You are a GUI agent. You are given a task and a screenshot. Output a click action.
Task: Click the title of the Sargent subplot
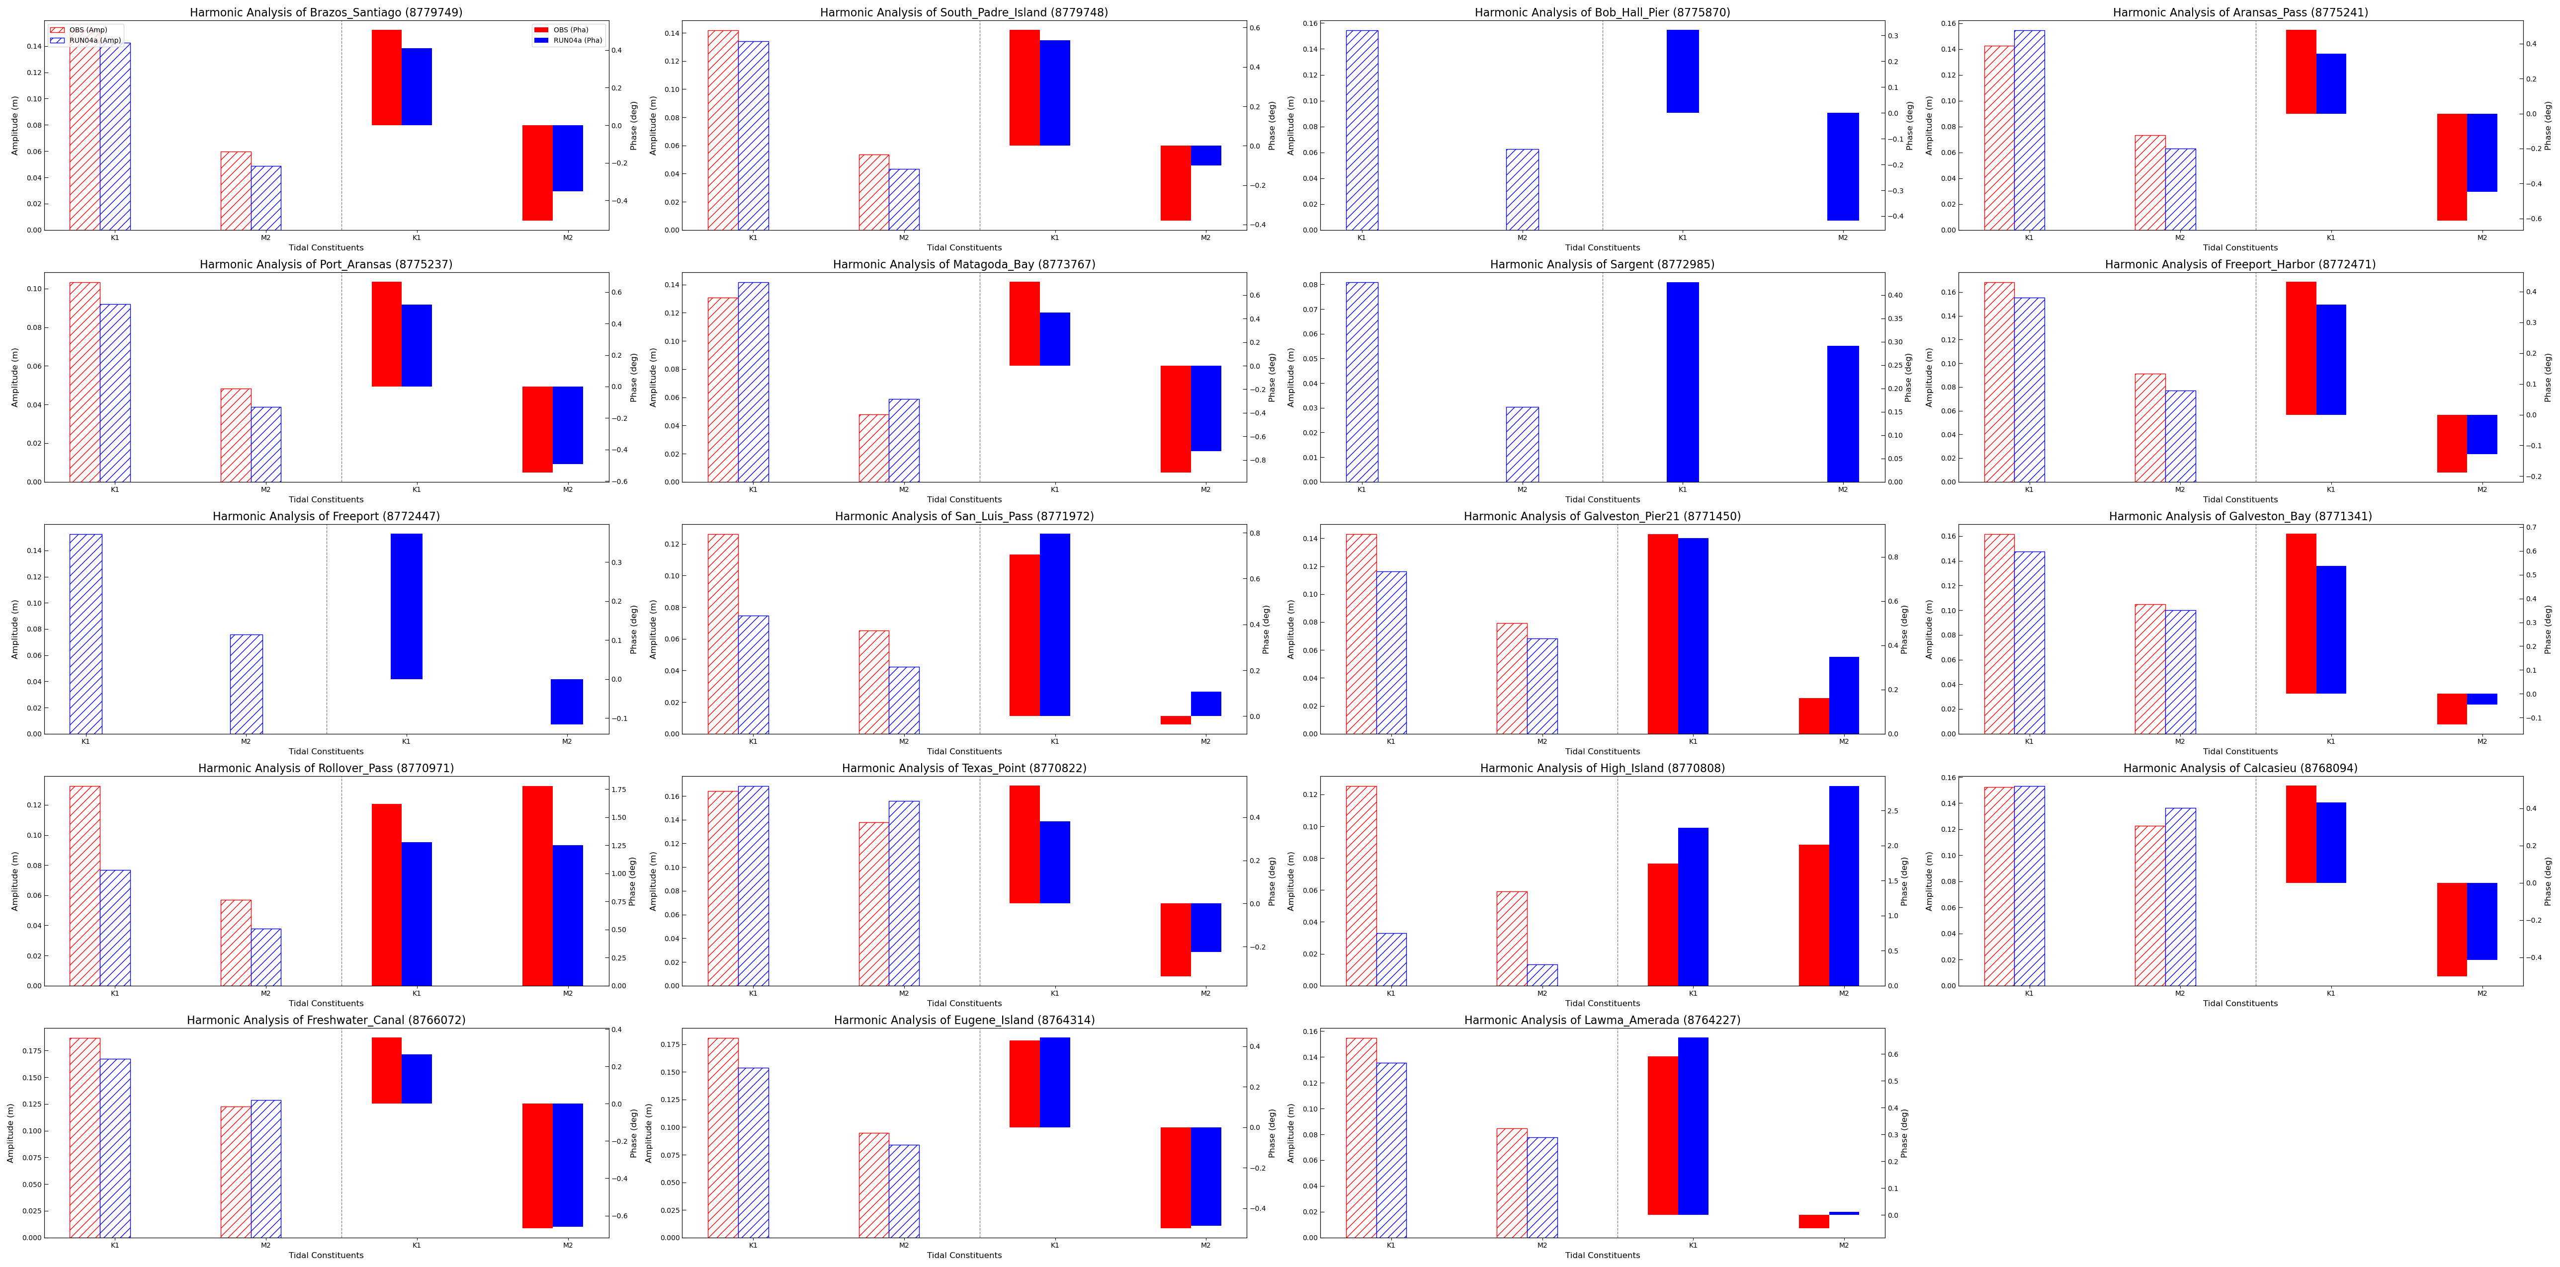1602,264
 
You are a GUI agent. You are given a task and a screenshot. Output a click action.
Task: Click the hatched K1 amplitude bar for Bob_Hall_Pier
1362,129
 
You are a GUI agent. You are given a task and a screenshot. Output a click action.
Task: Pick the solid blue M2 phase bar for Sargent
1843,413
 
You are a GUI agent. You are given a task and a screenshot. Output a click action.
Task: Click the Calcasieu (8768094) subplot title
2240,768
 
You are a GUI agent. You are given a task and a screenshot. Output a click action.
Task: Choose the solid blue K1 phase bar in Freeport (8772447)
407,606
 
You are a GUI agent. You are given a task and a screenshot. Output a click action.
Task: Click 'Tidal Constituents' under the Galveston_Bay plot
2240,751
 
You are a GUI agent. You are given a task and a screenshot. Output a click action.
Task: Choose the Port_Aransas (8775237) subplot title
326,264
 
